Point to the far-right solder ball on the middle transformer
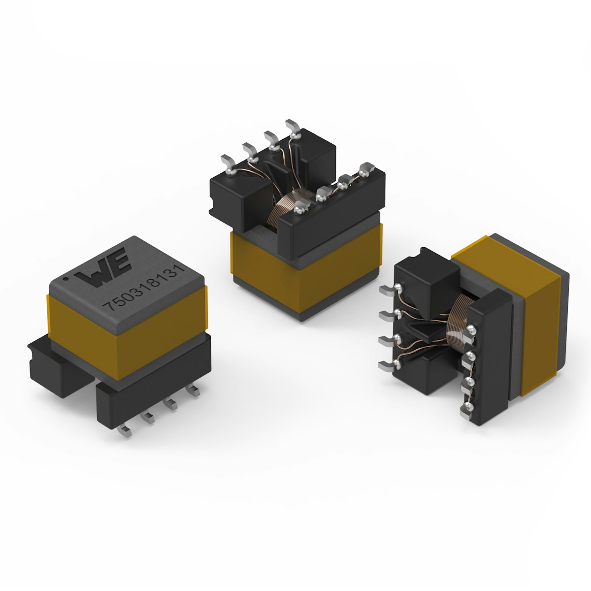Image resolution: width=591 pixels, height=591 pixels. pos(364,171)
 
